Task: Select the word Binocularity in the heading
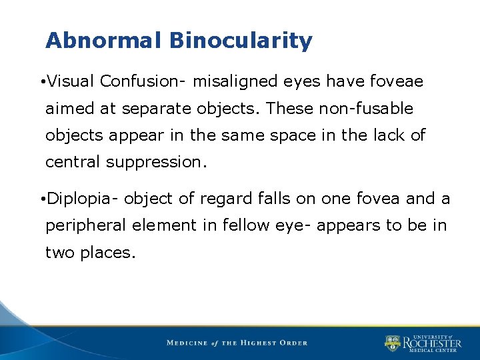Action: [241, 41]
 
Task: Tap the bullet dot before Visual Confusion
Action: [41, 82]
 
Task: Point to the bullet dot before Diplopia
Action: [41, 199]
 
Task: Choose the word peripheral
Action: [86, 225]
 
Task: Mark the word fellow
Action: [244, 225]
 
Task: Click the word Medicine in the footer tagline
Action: [187, 343]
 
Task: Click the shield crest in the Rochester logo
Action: [392, 343]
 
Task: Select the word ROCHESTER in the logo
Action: [431, 343]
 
